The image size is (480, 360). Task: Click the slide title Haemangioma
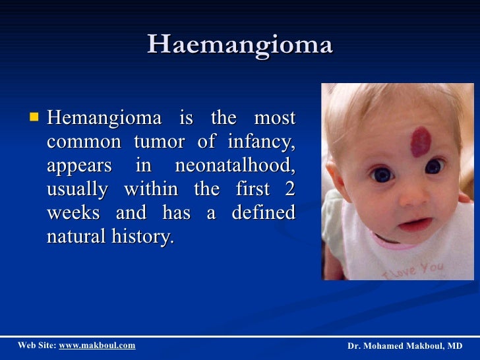point(240,45)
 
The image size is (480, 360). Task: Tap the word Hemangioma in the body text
point(104,119)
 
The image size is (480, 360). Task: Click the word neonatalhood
point(235,166)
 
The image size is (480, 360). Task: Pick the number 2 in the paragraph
point(289,189)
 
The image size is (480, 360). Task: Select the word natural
point(73,237)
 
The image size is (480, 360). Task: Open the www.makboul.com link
point(97,345)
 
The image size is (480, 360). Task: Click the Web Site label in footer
point(36,345)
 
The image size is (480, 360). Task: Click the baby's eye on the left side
point(382,175)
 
